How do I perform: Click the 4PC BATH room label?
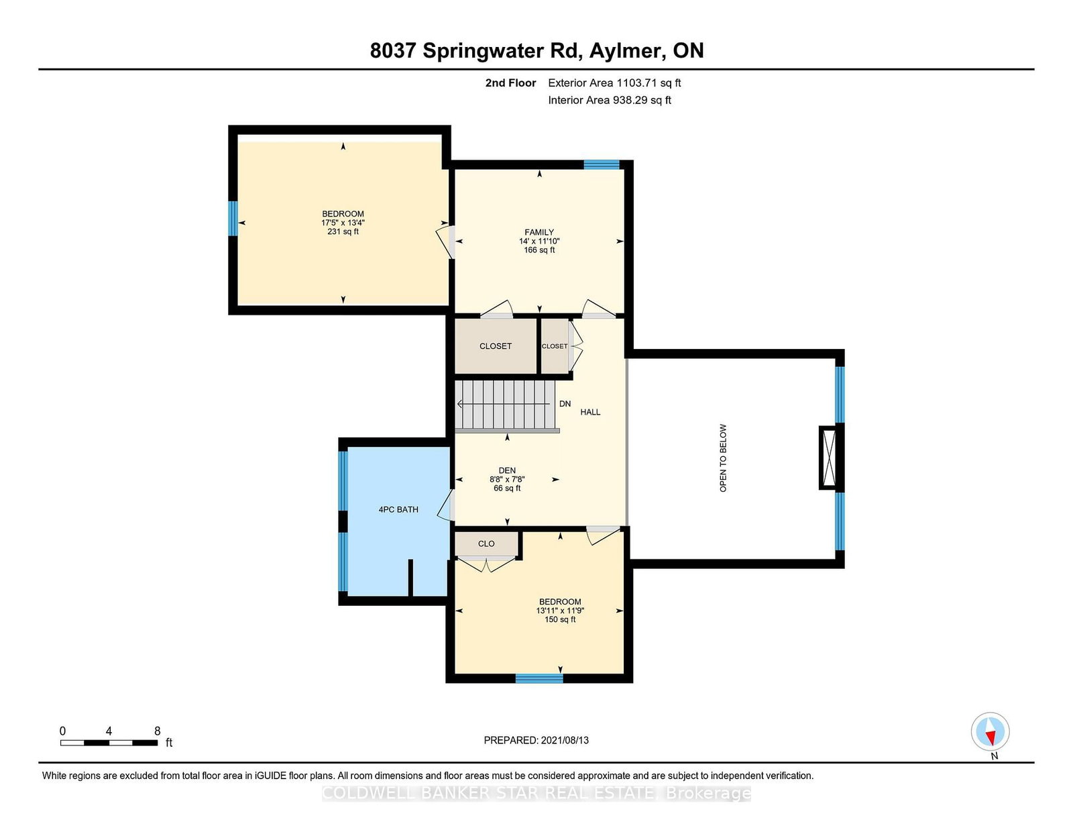pos(398,509)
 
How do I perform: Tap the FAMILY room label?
pos(539,232)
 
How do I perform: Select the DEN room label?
pos(507,470)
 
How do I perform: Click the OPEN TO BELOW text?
pos(723,458)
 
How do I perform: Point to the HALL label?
pos(590,412)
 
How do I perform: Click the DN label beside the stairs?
pos(565,404)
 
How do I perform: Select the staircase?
pos(506,405)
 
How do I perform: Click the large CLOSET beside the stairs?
pos(496,346)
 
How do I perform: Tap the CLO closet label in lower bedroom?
pos(486,543)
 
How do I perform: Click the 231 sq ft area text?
pos(343,231)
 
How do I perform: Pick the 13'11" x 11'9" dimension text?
pos(560,611)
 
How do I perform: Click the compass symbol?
pos(991,731)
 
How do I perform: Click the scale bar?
pos(109,743)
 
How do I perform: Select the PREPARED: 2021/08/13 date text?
pos(536,740)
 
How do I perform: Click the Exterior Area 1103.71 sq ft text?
pos(614,83)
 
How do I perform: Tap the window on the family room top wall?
pos(601,164)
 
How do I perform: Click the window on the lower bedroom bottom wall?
pos(539,678)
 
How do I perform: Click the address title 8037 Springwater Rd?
pos(536,51)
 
